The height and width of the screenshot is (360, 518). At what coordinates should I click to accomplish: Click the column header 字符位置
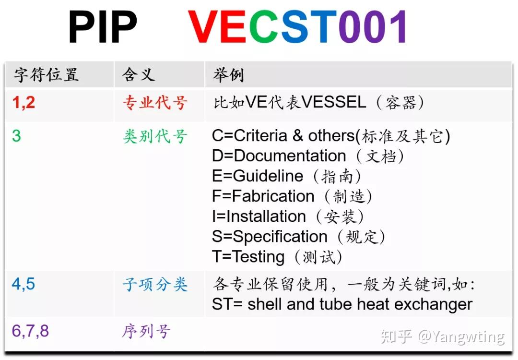coord(46,75)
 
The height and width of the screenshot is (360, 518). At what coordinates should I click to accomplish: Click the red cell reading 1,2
coord(24,102)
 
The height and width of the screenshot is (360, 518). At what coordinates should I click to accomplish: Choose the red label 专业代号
coord(154,103)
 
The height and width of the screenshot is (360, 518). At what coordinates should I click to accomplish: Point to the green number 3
coord(16,136)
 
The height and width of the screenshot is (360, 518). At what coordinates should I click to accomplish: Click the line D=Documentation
coord(279,156)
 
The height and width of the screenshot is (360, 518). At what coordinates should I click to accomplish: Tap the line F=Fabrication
coord(263,196)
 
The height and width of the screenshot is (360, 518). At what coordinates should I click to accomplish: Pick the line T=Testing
coord(248,257)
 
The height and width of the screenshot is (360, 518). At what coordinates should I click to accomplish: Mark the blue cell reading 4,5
coord(24,284)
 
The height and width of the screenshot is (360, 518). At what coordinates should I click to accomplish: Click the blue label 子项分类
coord(154,285)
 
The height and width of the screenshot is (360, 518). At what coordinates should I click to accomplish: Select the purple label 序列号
coord(146,332)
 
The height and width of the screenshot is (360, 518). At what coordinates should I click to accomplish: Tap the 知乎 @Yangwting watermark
coord(442,337)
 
